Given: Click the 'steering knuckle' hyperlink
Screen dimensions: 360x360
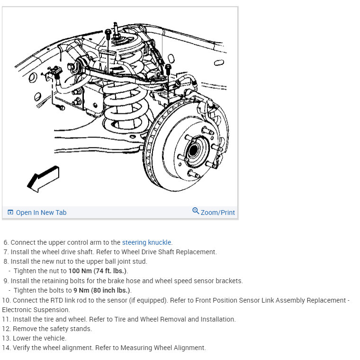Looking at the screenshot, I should pyautogui.click(x=147, y=242).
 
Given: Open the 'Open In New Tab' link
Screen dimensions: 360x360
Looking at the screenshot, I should pyautogui.click(x=37, y=212).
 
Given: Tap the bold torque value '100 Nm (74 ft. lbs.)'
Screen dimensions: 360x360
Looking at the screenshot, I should pyautogui.click(x=98, y=271).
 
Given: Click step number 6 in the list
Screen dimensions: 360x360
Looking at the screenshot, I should pyautogui.click(x=6, y=242).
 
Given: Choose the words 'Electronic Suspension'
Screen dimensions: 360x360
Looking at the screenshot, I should pyautogui.click(x=36, y=310).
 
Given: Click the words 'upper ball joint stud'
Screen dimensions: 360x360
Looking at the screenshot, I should pyautogui.click(x=114, y=261).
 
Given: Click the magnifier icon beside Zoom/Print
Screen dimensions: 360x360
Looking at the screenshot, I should pyautogui.click(x=196, y=211).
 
